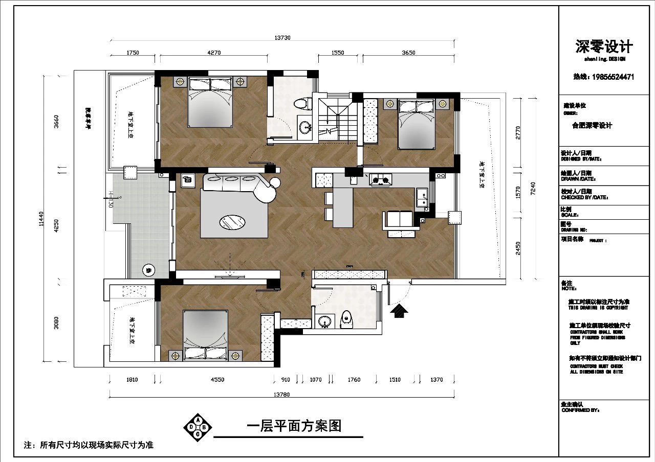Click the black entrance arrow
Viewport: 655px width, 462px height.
click(399, 310)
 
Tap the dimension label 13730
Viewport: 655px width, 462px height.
click(282, 38)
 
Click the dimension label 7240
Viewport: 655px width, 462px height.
click(534, 188)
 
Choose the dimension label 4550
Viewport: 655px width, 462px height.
click(216, 380)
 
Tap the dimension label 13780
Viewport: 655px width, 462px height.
click(282, 394)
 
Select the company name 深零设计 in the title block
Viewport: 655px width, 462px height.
click(604, 48)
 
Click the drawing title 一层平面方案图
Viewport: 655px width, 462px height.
click(294, 426)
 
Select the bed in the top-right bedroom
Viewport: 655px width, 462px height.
click(418, 122)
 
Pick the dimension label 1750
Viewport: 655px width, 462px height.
click(132, 53)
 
